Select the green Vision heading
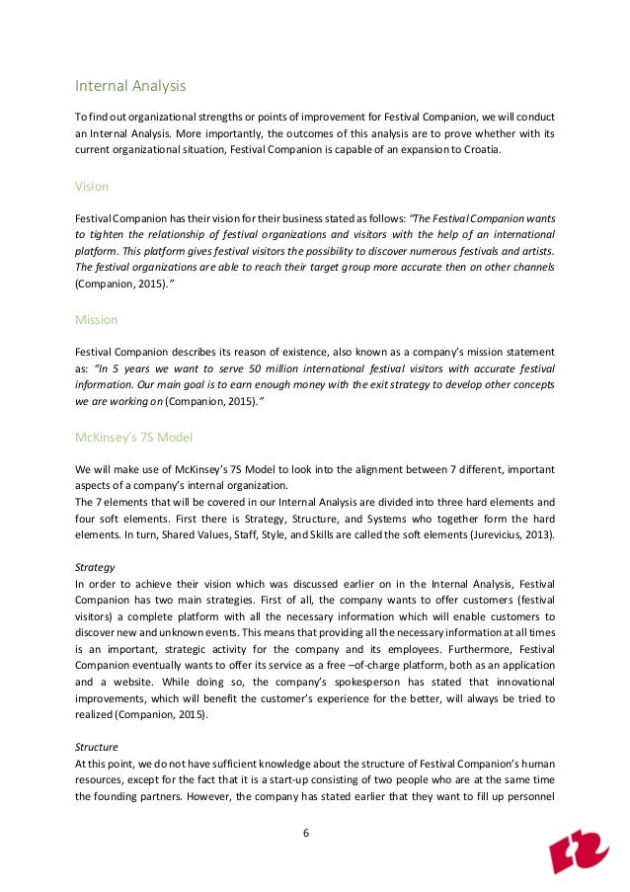coord(92,186)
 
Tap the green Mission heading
coord(97,320)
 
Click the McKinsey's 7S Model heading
coord(134,437)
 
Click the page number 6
coord(306,833)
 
